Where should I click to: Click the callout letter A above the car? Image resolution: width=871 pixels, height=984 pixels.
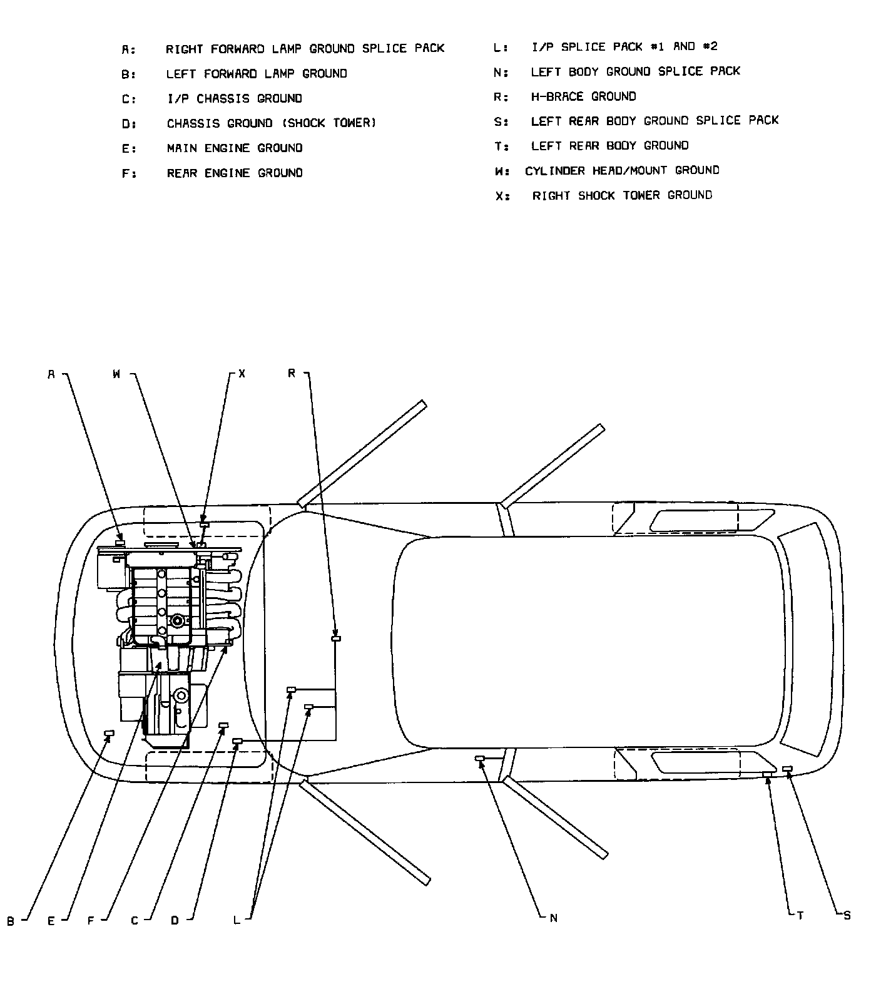(x=52, y=374)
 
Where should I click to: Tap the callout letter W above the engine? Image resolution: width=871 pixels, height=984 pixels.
(x=117, y=374)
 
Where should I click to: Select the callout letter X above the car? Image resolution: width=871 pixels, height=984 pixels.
(x=242, y=374)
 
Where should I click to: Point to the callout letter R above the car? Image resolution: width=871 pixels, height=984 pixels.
(x=292, y=373)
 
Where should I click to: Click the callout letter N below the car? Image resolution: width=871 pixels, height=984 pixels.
(x=553, y=918)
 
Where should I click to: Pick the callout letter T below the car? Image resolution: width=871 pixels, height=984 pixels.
(x=800, y=916)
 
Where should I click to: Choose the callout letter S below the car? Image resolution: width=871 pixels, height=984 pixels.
(x=847, y=916)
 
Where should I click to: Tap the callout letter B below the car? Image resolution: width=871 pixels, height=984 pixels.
(x=11, y=921)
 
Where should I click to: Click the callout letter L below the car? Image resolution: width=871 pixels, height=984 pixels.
(x=237, y=920)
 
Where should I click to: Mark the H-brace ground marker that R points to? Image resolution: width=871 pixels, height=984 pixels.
(x=336, y=638)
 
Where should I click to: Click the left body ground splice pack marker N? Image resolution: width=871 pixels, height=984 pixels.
(x=480, y=759)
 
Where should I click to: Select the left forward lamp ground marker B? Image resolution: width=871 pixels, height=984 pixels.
(x=109, y=733)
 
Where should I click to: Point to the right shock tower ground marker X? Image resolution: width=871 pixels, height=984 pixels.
(x=203, y=525)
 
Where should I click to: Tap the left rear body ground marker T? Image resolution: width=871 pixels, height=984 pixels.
(x=767, y=774)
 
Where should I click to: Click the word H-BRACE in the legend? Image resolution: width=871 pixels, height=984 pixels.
(x=558, y=96)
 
